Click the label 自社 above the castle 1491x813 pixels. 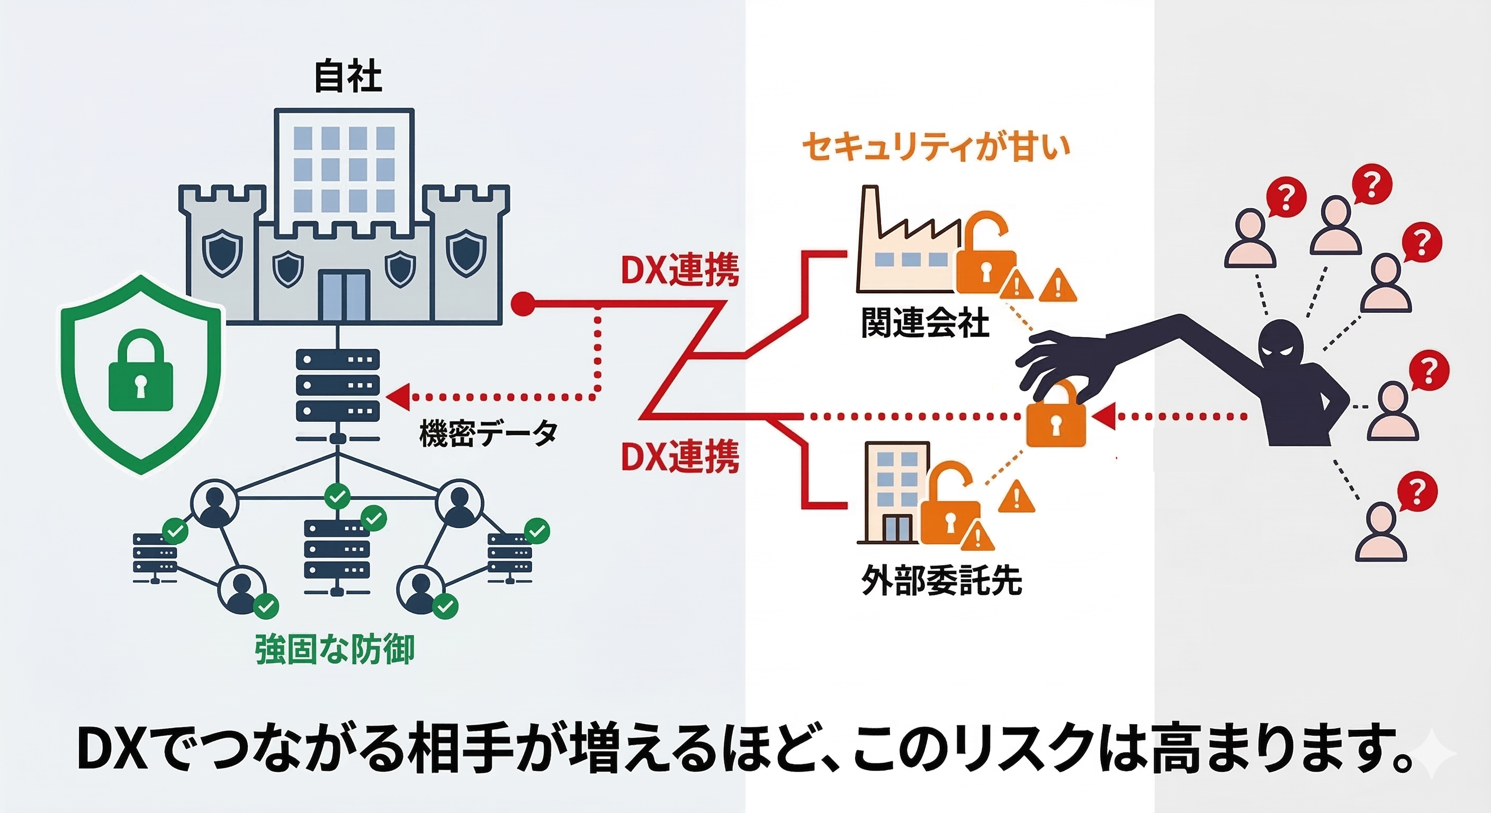coord(348,77)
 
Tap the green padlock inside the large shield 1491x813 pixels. coord(141,371)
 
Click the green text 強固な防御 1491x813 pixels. coord(335,649)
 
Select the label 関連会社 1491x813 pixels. coord(924,323)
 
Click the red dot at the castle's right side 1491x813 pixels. coord(523,303)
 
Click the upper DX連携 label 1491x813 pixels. coord(679,270)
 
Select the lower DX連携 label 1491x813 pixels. coord(679,457)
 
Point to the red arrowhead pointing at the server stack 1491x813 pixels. coord(398,397)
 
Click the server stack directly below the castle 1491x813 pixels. coord(337,385)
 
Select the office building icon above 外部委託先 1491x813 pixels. coord(893,492)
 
